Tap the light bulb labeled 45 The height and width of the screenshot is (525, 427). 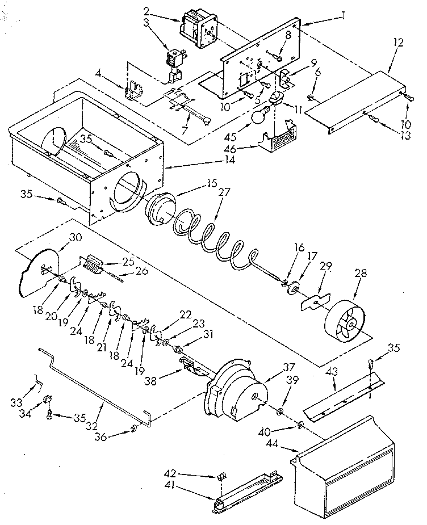(x=258, y=118)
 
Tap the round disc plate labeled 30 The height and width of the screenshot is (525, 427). (x=40, y=271)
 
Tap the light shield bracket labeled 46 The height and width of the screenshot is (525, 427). (x=279, y=137)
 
